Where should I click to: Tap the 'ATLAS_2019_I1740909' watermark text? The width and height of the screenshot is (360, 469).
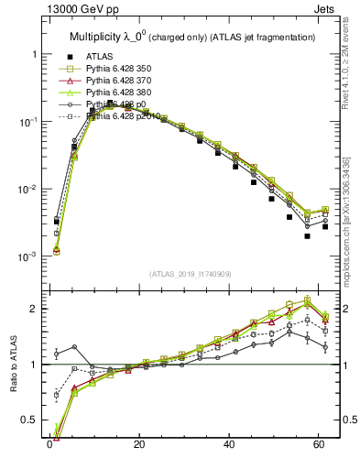click(191, 273)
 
